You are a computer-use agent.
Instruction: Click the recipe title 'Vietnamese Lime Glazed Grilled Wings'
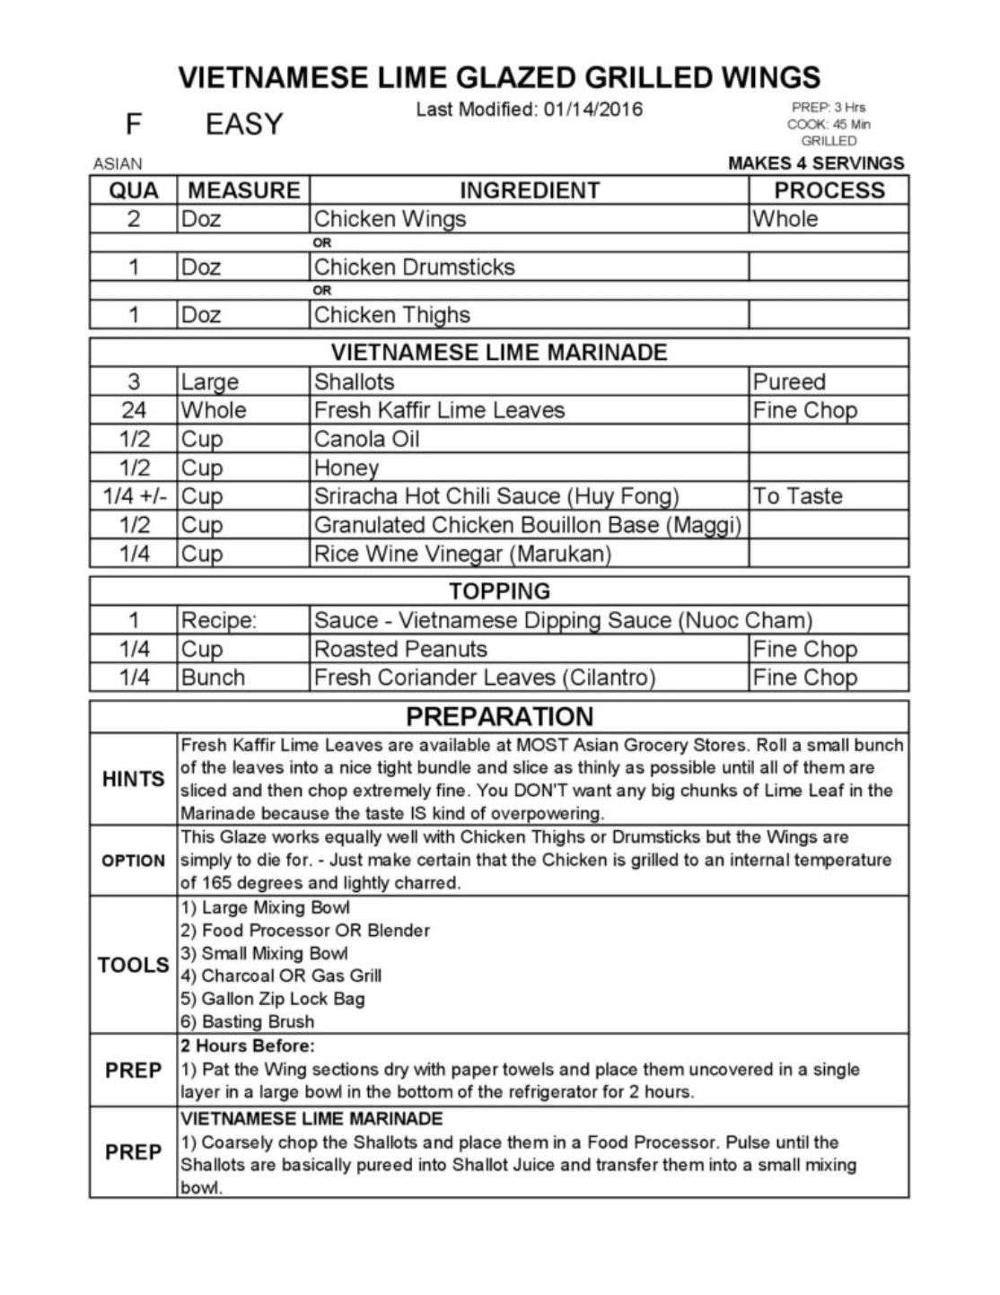499,77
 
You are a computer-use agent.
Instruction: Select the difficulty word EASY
244,124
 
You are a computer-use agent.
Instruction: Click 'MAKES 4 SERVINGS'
816,163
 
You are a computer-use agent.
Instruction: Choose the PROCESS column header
829,190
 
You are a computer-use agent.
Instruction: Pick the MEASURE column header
243,190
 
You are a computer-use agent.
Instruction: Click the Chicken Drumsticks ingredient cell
414,267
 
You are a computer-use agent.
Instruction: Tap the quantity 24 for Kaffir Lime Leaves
133,410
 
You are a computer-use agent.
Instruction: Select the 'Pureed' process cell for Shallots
788,381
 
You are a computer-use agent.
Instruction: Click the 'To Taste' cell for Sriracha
797,496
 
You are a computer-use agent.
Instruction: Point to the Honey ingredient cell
346,468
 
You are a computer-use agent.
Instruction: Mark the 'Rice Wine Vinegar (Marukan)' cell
462,554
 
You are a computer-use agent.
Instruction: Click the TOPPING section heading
499,591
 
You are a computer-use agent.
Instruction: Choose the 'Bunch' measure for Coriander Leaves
213,678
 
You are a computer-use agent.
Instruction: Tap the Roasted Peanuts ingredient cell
400,649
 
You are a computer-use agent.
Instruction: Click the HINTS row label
133,779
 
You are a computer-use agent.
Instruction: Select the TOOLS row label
133,965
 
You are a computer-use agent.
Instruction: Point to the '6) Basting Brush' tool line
247,1021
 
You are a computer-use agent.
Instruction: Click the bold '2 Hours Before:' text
248,1046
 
